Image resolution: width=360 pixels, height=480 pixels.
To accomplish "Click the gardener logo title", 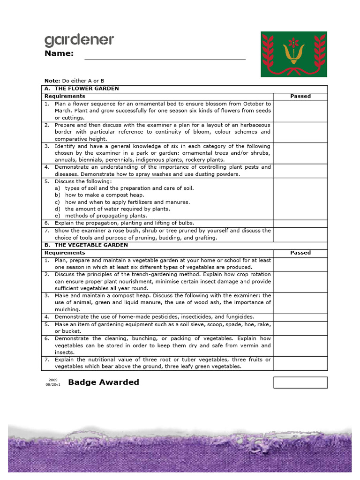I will [x=79, y=40].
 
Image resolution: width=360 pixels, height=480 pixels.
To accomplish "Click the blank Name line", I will [x=165, y=57].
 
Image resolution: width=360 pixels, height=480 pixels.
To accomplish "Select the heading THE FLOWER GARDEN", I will [x=87, y=89].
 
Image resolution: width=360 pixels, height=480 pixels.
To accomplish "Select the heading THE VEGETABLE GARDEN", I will [x=91, y=245].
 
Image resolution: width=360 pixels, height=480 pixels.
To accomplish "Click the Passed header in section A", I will [x=300, y=96].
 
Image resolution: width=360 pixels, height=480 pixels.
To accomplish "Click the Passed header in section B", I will [x=300, y=253].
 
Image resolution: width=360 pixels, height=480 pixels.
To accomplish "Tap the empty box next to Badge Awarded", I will [x=300, y=382].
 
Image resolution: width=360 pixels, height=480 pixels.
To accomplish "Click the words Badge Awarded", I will [x=104, y=382].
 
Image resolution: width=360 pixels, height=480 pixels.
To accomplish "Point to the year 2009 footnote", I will [x=53, y=379].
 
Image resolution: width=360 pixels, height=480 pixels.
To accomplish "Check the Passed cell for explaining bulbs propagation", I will [x=300, y=224].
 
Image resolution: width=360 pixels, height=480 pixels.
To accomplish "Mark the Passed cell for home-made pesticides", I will [x=300, y=317].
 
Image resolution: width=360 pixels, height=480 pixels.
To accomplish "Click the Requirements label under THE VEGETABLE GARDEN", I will [x=65, y=253].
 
